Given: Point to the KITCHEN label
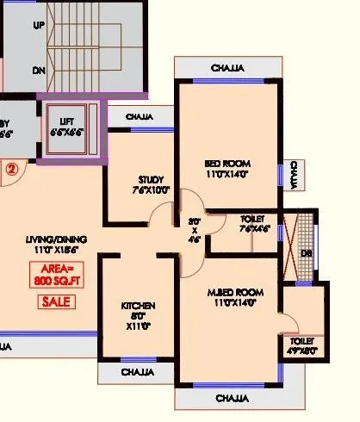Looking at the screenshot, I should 138,306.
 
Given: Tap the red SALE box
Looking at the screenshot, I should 56,301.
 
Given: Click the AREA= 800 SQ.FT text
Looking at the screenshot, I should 55,275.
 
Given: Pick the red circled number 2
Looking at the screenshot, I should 12,169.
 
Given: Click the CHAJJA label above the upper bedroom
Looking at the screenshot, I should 227,69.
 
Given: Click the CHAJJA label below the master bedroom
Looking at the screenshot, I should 232,399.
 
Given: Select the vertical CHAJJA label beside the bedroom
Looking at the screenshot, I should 295,175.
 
